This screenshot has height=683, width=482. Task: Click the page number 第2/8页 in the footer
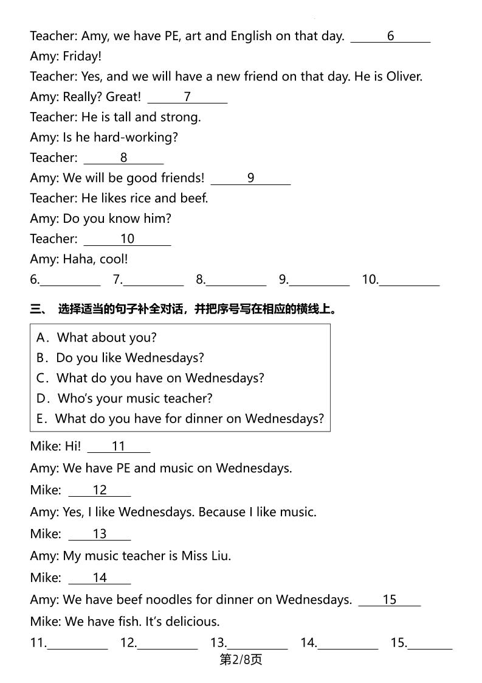(240, 660)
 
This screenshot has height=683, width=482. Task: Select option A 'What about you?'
(97, 337)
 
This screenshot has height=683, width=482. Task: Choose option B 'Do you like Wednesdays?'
(120, 357)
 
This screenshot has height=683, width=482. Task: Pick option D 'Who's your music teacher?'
(125, 398)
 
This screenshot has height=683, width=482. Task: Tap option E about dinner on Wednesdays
(180, 419)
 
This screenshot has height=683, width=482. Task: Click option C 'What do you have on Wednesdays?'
(150, 378)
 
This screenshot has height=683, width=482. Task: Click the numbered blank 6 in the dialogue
(390, 37)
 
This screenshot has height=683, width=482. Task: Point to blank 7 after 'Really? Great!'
(187, 97)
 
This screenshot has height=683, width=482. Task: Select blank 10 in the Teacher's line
(127, 239)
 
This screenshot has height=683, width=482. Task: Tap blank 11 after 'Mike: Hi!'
(119, 447)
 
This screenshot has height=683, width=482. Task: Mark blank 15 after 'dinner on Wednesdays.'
(390, 600)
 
